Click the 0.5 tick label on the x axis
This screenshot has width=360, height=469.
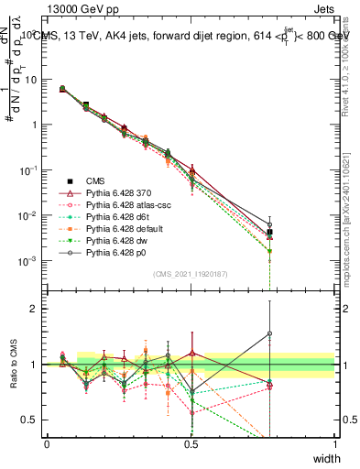191,443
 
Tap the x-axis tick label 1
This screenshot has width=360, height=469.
335,443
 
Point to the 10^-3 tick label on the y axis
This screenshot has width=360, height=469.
27,261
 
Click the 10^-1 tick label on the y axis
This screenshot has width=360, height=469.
27,170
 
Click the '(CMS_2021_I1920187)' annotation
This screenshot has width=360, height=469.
191,274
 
